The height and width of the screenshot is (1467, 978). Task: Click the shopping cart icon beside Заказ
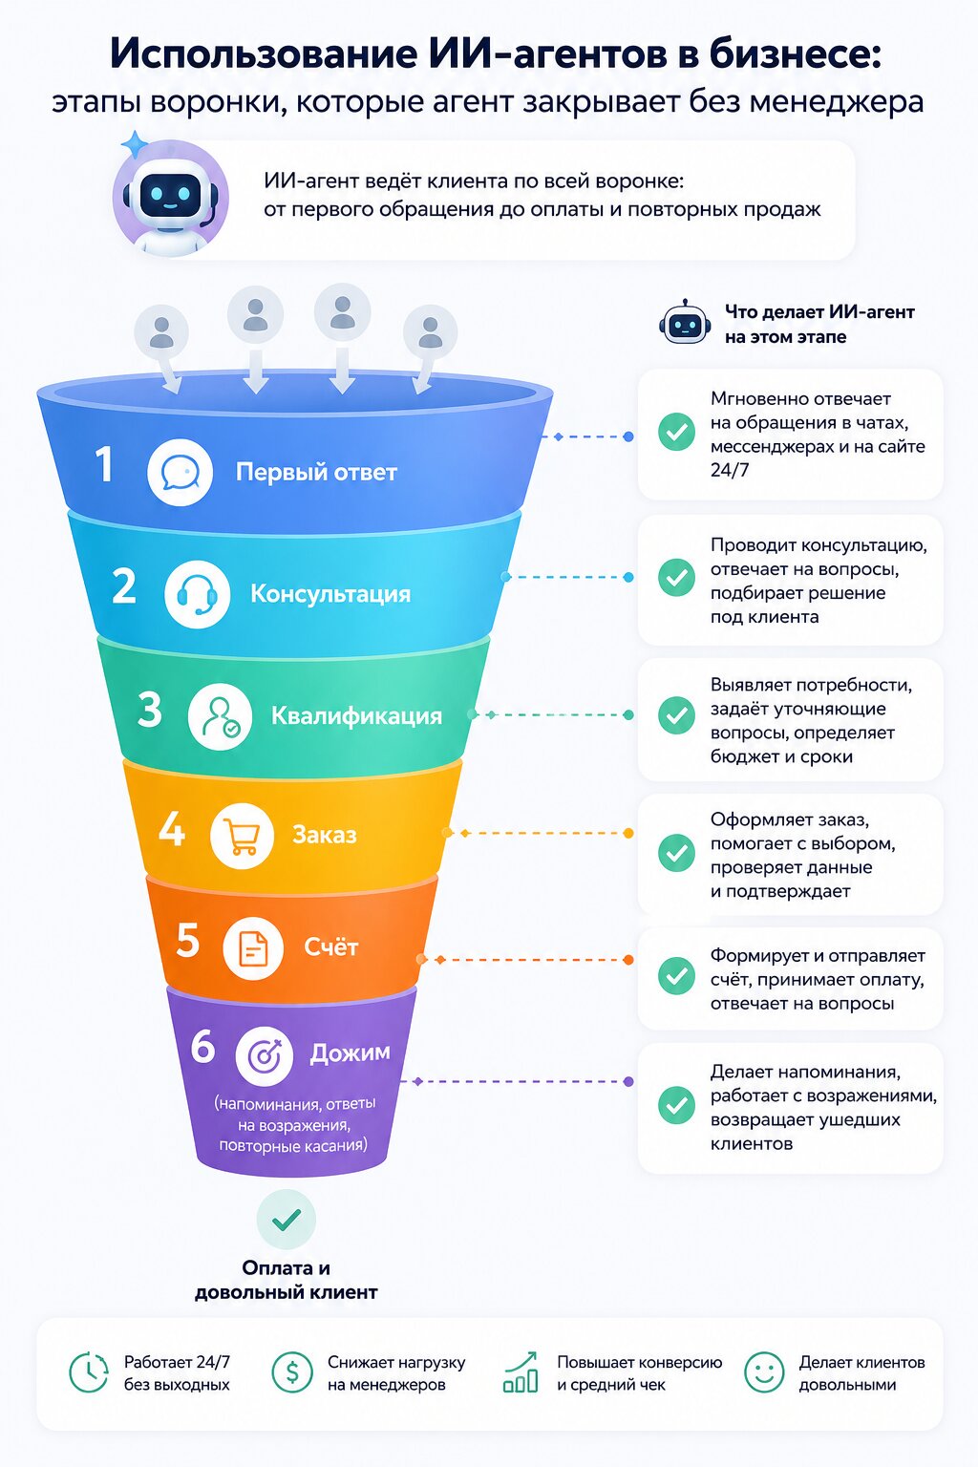(x=242, y=836)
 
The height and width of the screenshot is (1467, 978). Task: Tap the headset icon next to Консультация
(x=197, y=594)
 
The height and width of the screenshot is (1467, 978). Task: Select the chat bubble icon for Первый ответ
(x=181, y=472)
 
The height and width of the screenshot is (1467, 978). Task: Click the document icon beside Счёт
(x=253, y=948)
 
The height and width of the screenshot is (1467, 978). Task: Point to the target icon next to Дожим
(x=265, y=1055)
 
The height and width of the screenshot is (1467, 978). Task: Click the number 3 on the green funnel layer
(x=149, y=710)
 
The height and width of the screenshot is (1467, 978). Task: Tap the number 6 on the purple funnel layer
(x=202, y=1045)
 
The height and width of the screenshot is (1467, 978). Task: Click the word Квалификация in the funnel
(x=356, y=715)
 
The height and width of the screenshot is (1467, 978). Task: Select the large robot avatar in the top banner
(x=171, y=197)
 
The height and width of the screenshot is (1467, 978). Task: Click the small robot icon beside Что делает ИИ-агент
(x=685, y=322)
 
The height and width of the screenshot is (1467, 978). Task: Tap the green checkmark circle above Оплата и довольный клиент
(x=287, y=1220)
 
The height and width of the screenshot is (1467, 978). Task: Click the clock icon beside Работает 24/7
(x=89, y=1372)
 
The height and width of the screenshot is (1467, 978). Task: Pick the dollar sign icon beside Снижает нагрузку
(x=292, y=1372)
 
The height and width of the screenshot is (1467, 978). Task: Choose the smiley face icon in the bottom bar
(x=764, y=1372)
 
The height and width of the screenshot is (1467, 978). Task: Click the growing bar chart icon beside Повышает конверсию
(x=521, y=1371)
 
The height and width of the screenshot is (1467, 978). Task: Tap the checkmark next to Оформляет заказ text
(x=677, y=853)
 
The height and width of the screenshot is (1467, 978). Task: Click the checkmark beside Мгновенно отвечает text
(x=677, y=432)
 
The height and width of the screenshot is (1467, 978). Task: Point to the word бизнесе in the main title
(x=796, y=53)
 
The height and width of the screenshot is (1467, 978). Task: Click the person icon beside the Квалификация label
(x=220, y=715)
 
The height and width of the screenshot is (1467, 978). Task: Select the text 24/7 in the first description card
(x=729, y=470)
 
